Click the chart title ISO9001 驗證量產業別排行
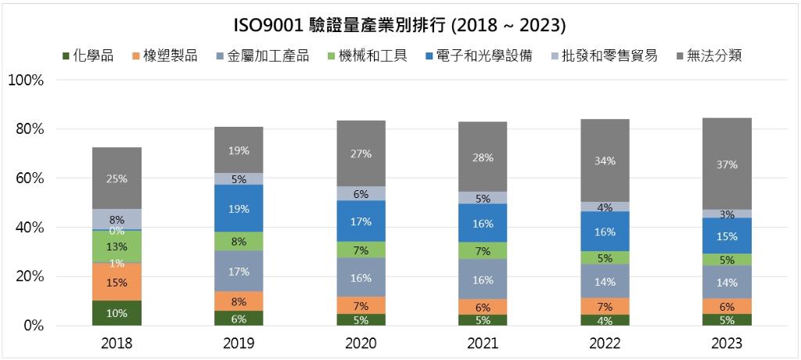coord(400,25)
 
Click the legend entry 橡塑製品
coord(164,56)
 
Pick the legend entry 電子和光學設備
coord(477,56)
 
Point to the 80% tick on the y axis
coord(29,129)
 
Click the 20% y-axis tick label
coord(29,276)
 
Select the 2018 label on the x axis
coord(117,344)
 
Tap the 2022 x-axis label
coord(605,344)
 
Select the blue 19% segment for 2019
coord(239,208)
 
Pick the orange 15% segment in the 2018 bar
coord(117,282)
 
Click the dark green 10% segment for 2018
coord(117,313)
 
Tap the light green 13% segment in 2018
coord(117,246)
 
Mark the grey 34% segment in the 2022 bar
coord(605,160)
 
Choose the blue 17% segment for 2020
coord(361,221)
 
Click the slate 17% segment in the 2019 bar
coord(239,272)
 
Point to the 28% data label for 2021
coord(483,157)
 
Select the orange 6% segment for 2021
coord(483,307)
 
